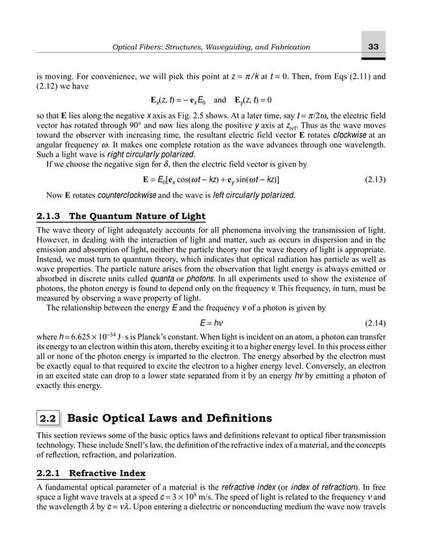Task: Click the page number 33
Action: (x=373, y=46)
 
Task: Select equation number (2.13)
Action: (x=378, y=179)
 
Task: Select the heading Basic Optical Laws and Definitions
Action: (x=169, y=418)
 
